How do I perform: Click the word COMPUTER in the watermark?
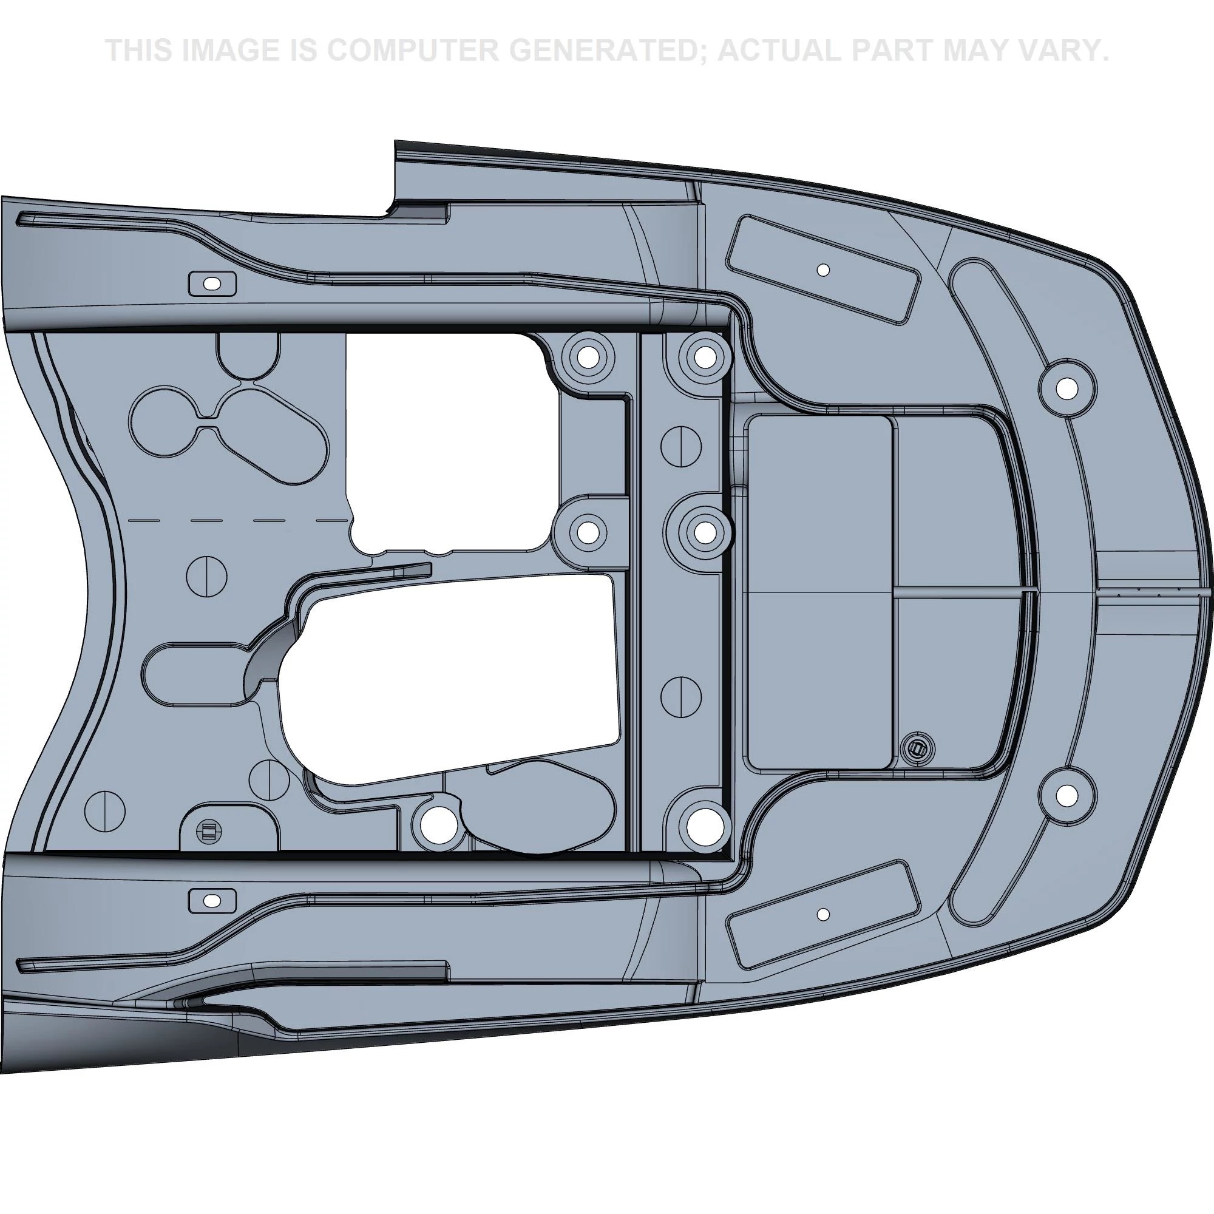pos(412,50)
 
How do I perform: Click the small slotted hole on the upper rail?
pos(213,284)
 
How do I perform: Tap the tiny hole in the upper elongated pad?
pos(822,270)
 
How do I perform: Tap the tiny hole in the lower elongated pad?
pos(822,914)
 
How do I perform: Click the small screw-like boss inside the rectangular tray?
pos(917,748)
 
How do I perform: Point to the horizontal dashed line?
pos(239,521)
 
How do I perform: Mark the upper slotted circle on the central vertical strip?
pos(681,446)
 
